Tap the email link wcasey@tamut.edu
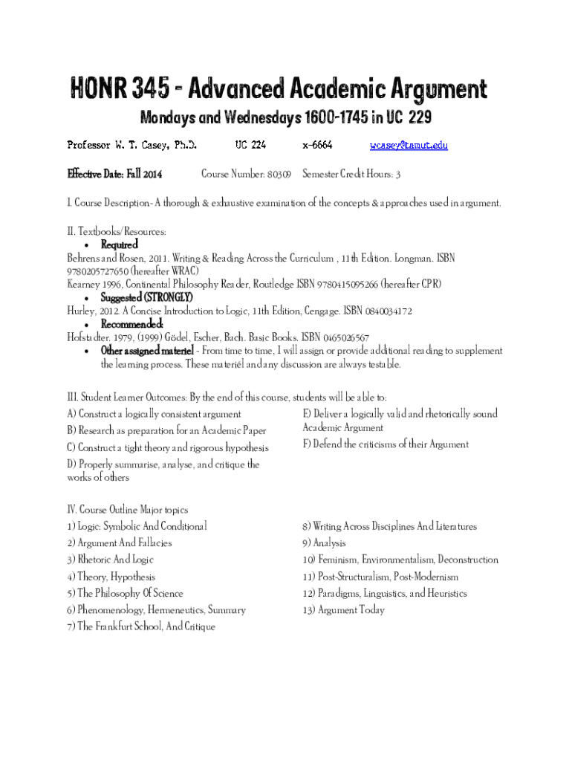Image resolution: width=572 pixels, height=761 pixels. [x=409, y=146]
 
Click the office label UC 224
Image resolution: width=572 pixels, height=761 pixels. [x=250, y=146]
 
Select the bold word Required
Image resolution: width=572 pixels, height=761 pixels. [x=120, y=245]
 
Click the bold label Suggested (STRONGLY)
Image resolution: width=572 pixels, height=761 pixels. [x=137, y=298]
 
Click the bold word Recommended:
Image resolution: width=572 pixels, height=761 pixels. [x=132, y=325]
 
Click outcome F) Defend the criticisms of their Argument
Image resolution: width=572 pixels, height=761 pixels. [x=386, y=444]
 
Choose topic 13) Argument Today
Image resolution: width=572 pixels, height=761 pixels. [x=343, y=610]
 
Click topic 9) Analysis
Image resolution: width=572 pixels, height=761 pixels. [x=324, y=543]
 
